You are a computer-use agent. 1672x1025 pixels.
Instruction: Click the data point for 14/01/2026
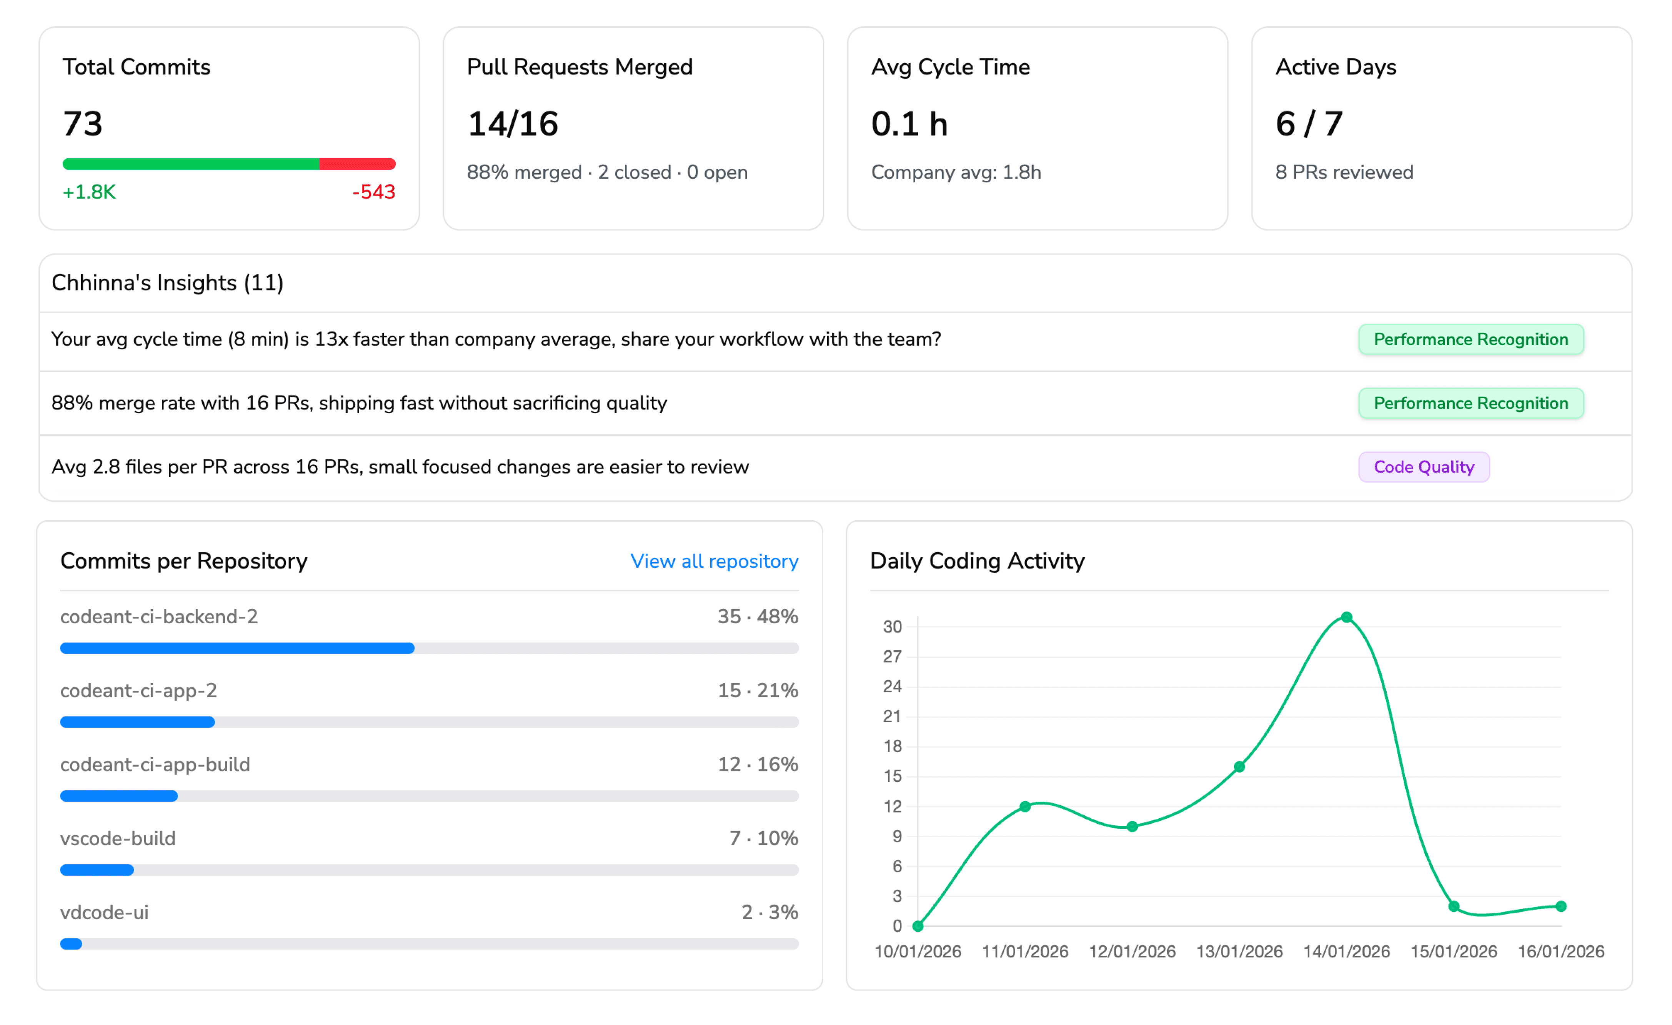click(1346, 617)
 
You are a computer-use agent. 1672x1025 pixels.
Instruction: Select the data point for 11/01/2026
click(1025, 806)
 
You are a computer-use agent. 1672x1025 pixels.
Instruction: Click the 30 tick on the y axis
click(892, 626)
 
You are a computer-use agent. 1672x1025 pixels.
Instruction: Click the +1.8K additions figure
click(89, 192)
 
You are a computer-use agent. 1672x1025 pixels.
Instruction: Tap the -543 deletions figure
click(373, 192)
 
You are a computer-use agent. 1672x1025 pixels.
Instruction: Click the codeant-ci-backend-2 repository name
click(159, 616)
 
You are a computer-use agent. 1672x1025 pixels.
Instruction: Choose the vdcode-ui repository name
click(105, 912)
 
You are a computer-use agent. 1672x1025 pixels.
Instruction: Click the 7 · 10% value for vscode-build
click(763, 838)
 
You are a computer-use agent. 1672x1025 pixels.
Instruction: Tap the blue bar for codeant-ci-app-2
click(138, 722)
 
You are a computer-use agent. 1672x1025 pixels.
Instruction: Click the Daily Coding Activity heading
click(977, 561)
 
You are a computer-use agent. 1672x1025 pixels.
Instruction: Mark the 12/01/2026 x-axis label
click(1132, 952)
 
